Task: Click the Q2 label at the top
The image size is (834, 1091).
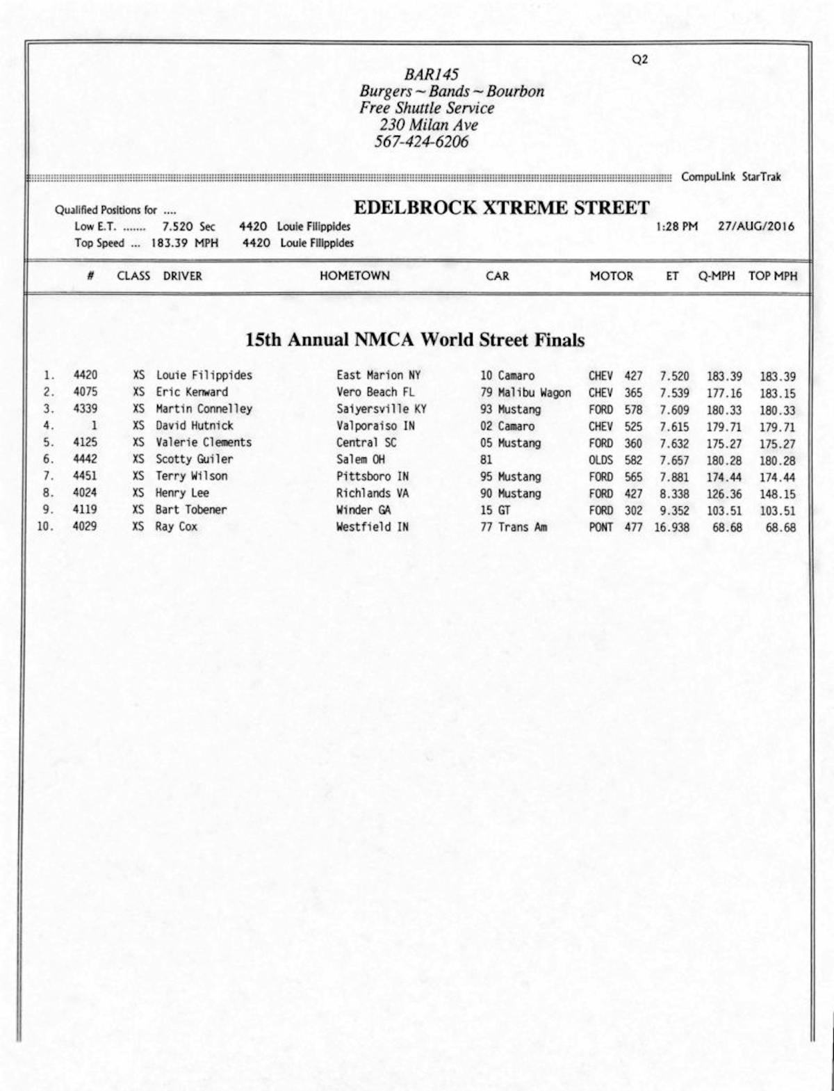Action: pos(639,60)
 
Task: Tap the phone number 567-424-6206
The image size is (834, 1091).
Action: pos(422,142)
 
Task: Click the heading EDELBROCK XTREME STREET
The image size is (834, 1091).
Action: pos(501,208)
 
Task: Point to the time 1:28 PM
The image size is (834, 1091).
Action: pos(676,227)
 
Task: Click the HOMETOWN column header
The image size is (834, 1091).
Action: pos(354,276)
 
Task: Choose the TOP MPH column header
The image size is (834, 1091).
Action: pos(772,276)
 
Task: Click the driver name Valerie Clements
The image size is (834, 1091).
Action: pos(203,442)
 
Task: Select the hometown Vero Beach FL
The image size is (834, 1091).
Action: pos(375,392)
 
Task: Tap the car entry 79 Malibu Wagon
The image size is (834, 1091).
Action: pos(525,393)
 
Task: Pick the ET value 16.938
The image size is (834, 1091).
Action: pos(671,528)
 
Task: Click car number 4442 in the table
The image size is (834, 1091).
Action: pos(85,459)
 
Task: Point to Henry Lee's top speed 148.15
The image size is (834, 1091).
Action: pos(777,494)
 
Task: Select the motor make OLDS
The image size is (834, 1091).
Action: pos(600,460)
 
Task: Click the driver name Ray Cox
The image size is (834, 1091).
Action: pos(176,527)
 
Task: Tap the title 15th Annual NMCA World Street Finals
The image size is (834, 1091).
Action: pos(415,340)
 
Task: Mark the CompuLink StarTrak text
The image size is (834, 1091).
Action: pos(730,177)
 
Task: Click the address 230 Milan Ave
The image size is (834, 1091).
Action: pos(428,125)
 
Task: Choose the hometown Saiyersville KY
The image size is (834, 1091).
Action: pos(381,409)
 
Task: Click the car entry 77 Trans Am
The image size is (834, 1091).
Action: pos(513,527)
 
